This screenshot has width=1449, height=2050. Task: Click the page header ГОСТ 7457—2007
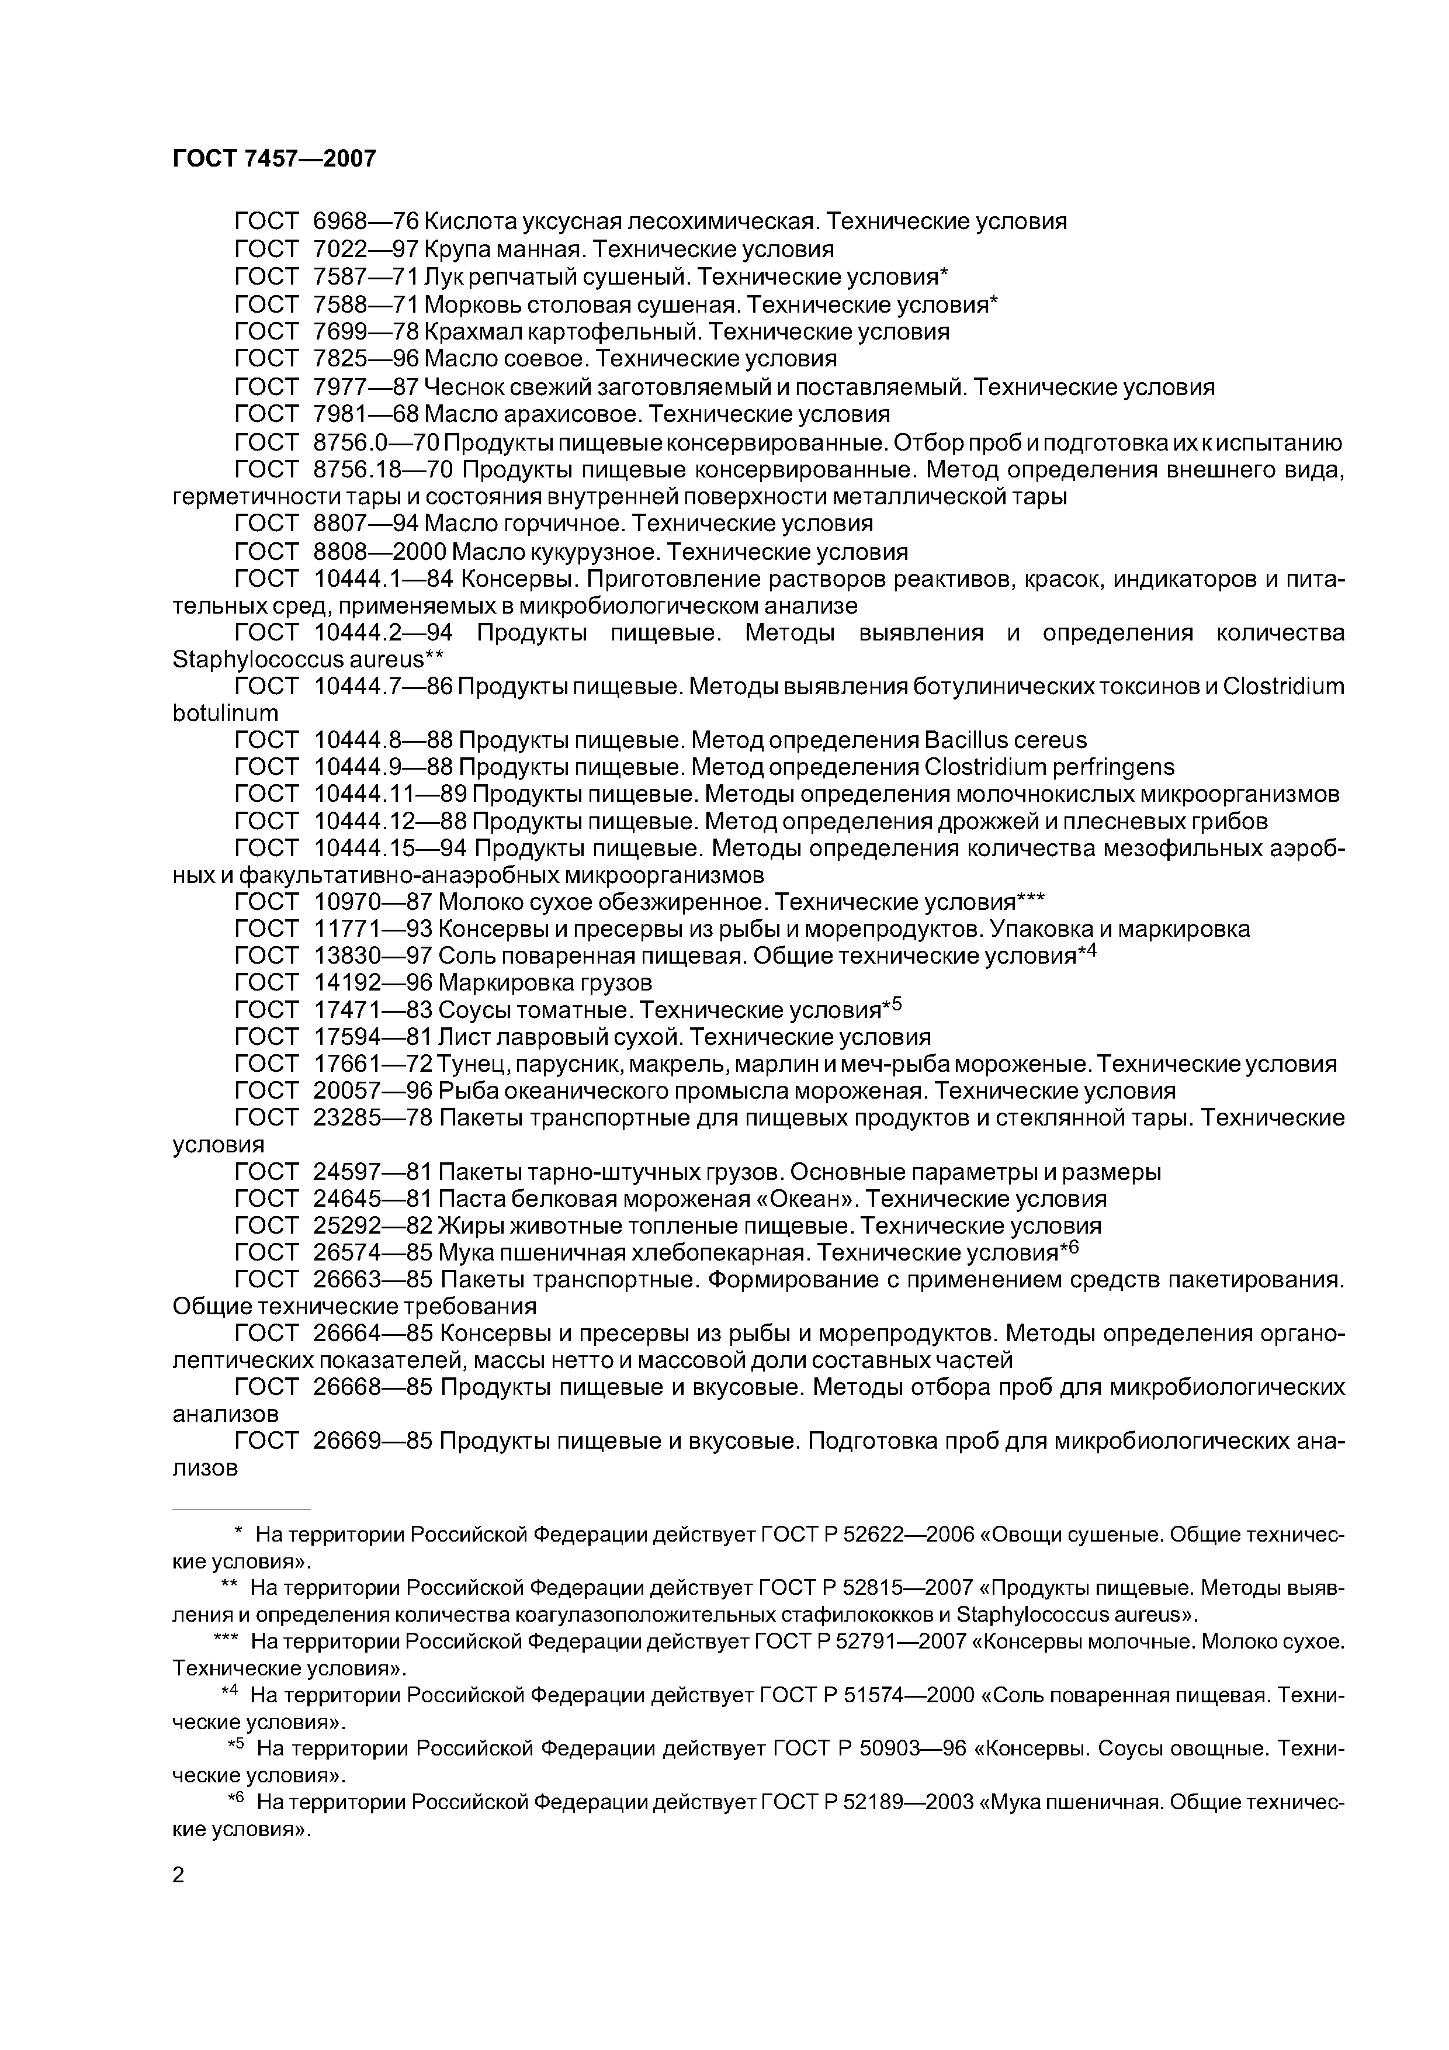pyautogui.click(x=274, y=159)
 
